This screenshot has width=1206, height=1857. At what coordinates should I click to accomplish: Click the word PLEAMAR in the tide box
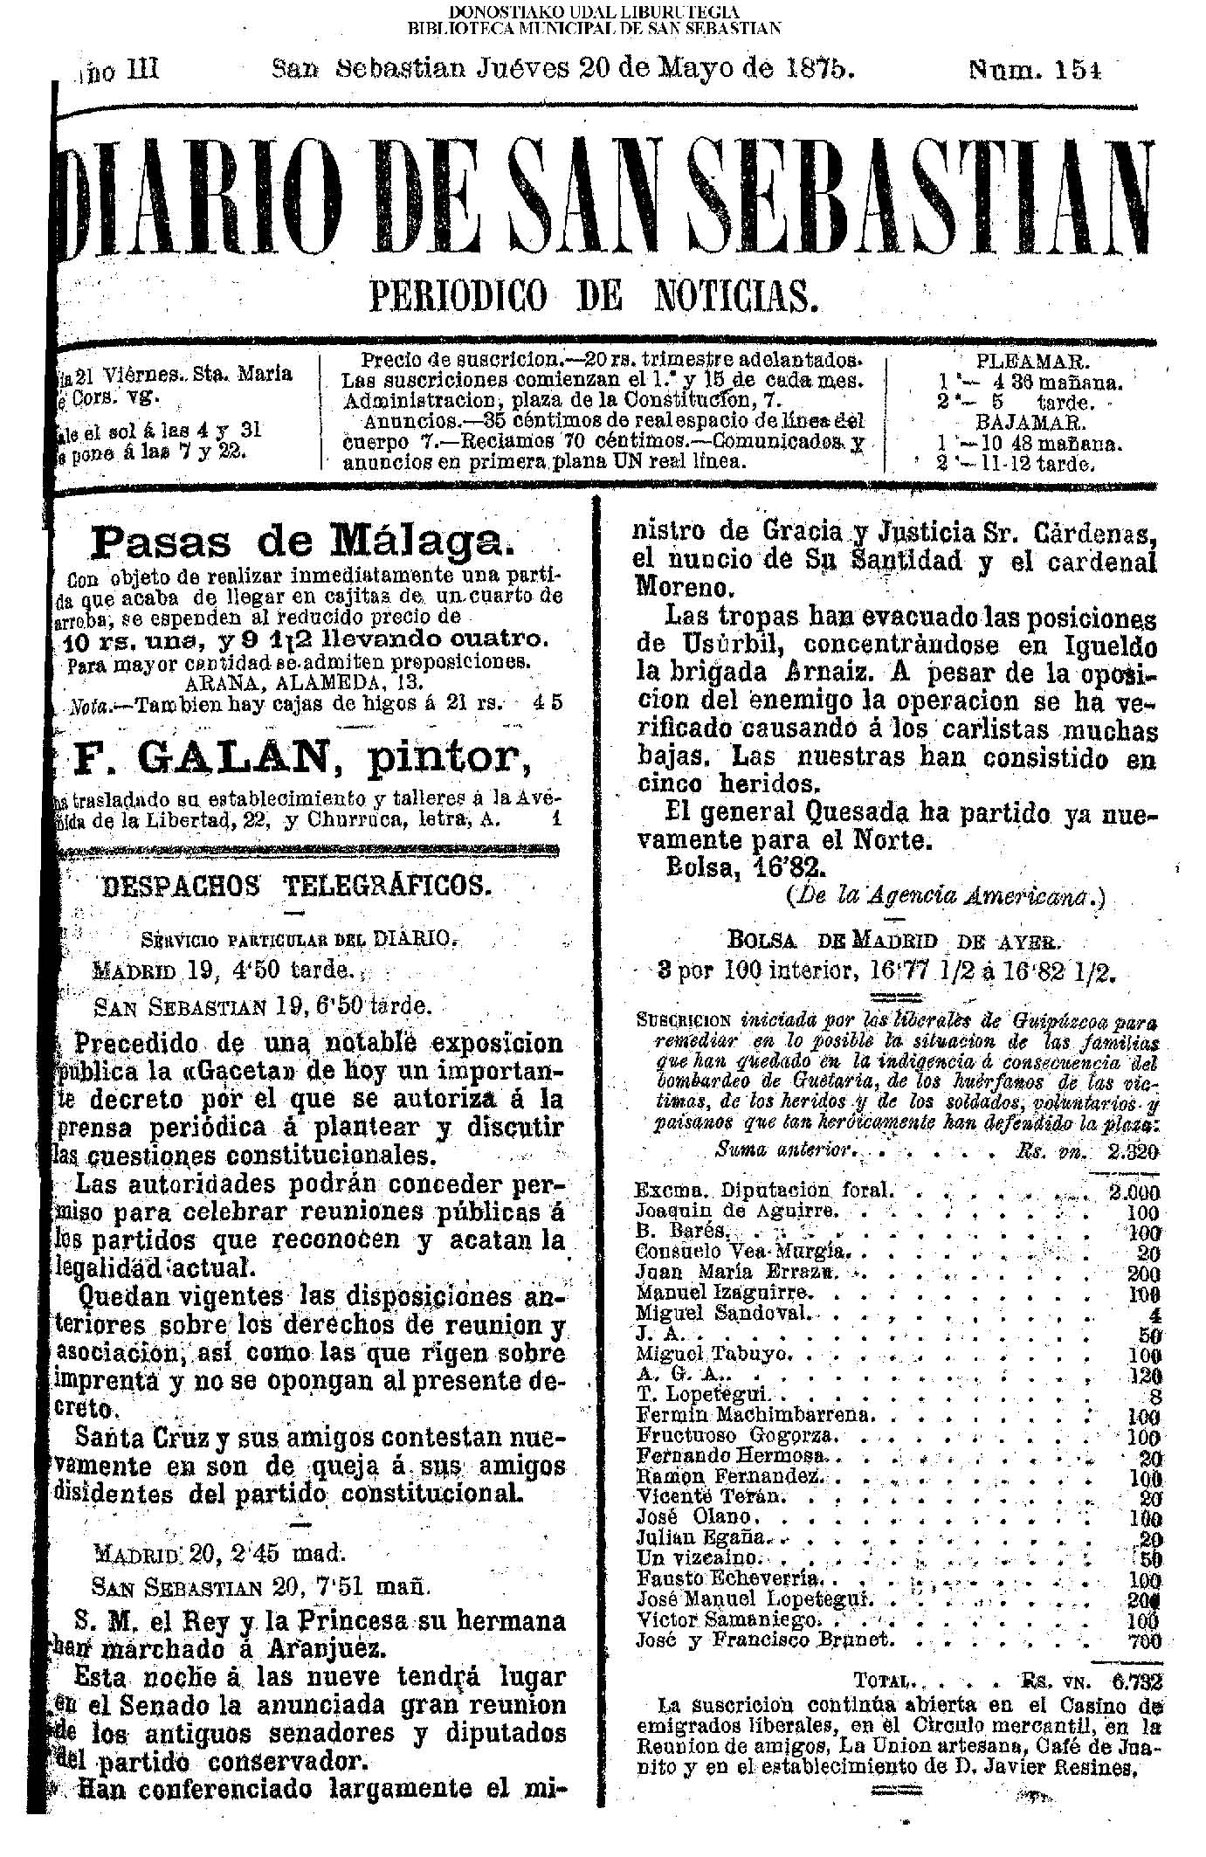(x=1032, y=361)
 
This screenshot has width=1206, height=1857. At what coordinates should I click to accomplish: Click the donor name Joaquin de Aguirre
(x=736, y=1212)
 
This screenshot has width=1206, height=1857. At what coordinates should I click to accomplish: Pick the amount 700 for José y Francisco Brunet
(x=1141, y=1640)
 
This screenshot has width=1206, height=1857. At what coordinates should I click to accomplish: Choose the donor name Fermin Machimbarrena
(x=753, y=1414)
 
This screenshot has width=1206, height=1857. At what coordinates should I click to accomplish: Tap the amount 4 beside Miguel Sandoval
(x=1153, y=1313)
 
